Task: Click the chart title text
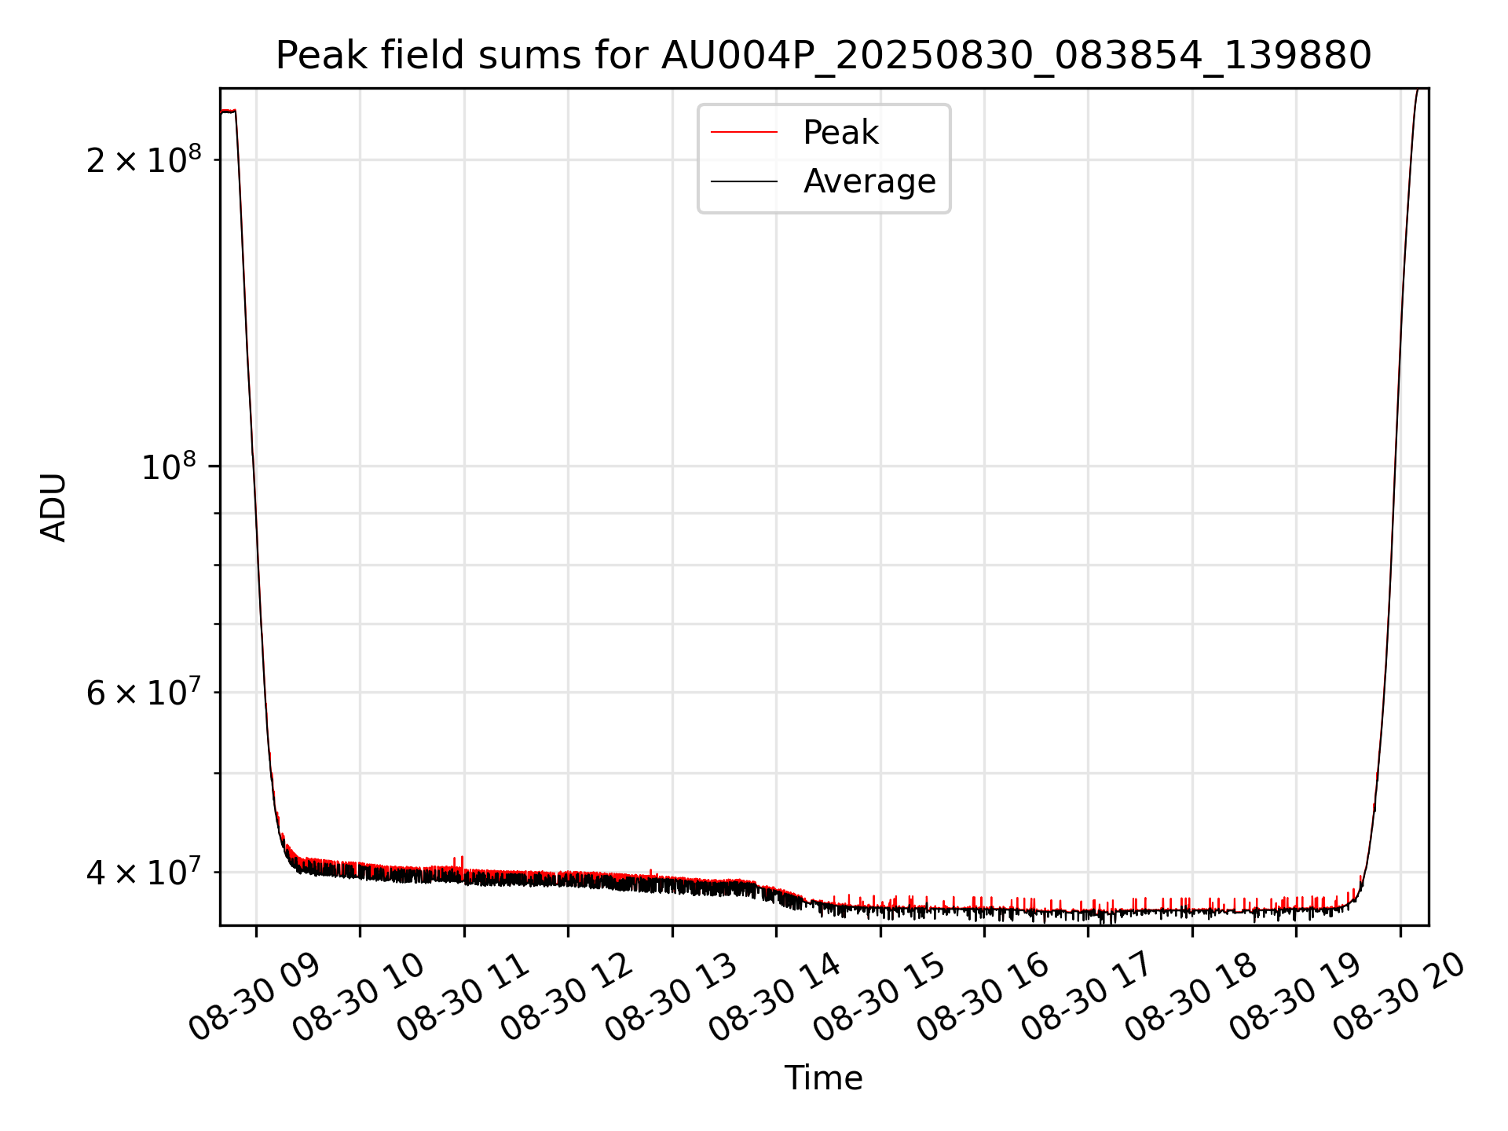click(x=823, y=57)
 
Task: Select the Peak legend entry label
click(x=840, y=133)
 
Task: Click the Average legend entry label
click(x=869, y=181)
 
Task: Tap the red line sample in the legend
click(x=744, y=133)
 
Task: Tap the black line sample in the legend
click(x=744, y=181)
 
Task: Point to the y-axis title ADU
click(x=53, y=507)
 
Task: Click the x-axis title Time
click(x=823, y=1078)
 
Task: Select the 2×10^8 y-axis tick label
click(x=143, y=159)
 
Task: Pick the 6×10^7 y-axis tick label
click(x=143, y=692)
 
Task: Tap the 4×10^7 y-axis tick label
click(x=143, y=871)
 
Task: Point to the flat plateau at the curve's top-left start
click(x=228, y=112)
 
